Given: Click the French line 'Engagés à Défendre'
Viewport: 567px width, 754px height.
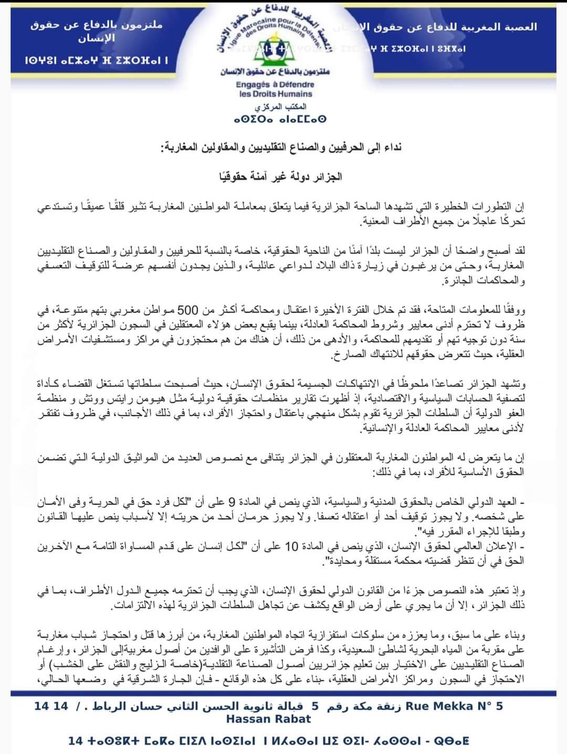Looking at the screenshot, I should point(275,84).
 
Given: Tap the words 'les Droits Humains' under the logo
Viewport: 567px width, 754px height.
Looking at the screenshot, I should point(275,94).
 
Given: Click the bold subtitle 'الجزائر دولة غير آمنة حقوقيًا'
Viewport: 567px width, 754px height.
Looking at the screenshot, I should point(280,176).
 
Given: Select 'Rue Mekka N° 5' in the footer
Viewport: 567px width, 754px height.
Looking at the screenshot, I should point(454,706).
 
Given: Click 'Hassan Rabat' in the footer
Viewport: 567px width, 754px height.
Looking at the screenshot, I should point(268,719).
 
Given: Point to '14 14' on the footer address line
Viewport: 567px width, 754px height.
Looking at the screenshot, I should point(51,706).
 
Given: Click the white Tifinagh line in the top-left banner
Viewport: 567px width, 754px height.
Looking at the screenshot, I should point(96,61).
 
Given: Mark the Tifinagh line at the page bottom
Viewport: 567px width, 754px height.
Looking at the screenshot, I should point(268,740).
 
